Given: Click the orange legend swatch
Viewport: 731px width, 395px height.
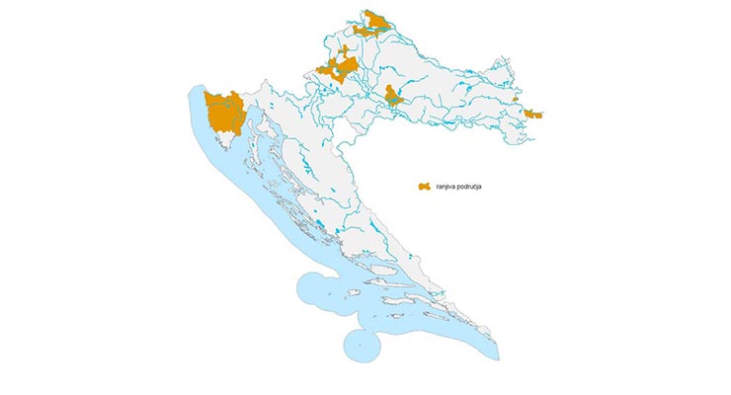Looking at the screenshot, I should click(424, 186).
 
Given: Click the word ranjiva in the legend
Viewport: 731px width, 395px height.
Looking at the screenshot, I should click(448, 186).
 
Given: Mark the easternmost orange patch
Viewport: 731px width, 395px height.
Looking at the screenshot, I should click(534, 115).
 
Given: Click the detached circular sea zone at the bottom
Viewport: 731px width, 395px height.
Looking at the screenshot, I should click(364, 345).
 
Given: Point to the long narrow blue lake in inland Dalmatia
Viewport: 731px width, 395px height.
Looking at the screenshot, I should click(374, 236).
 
